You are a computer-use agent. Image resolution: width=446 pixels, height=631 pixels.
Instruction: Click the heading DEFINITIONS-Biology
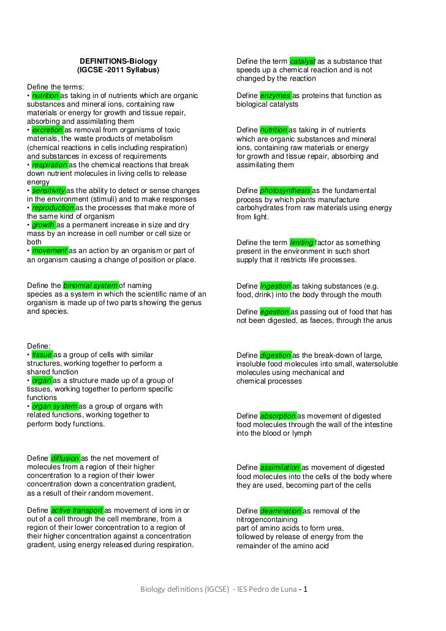click(x=118, y=61)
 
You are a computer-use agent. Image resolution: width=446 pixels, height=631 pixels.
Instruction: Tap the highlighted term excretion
click(x=47, y=130)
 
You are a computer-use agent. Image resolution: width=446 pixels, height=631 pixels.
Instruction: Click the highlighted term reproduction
click(x=53, y=208)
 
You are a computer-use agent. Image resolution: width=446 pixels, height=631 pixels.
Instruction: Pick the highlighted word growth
click(x=43, y=225)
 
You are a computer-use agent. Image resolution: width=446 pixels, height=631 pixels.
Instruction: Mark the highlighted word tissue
click(x=42, y=355)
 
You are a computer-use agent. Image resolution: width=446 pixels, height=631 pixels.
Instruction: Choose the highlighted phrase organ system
click(x=55, y=406)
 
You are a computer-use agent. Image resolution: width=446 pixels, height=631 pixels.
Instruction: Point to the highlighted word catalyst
click(x=303, y=61)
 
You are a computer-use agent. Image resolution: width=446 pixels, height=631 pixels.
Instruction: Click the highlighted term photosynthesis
click(x=285, y=191)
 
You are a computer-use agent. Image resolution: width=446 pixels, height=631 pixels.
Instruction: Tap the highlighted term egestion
click(x=274, y=312)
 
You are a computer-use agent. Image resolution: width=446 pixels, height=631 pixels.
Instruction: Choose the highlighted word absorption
click(x=278, y=416)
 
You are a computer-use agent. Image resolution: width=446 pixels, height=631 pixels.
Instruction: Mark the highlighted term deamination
click(x=281, y=511)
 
